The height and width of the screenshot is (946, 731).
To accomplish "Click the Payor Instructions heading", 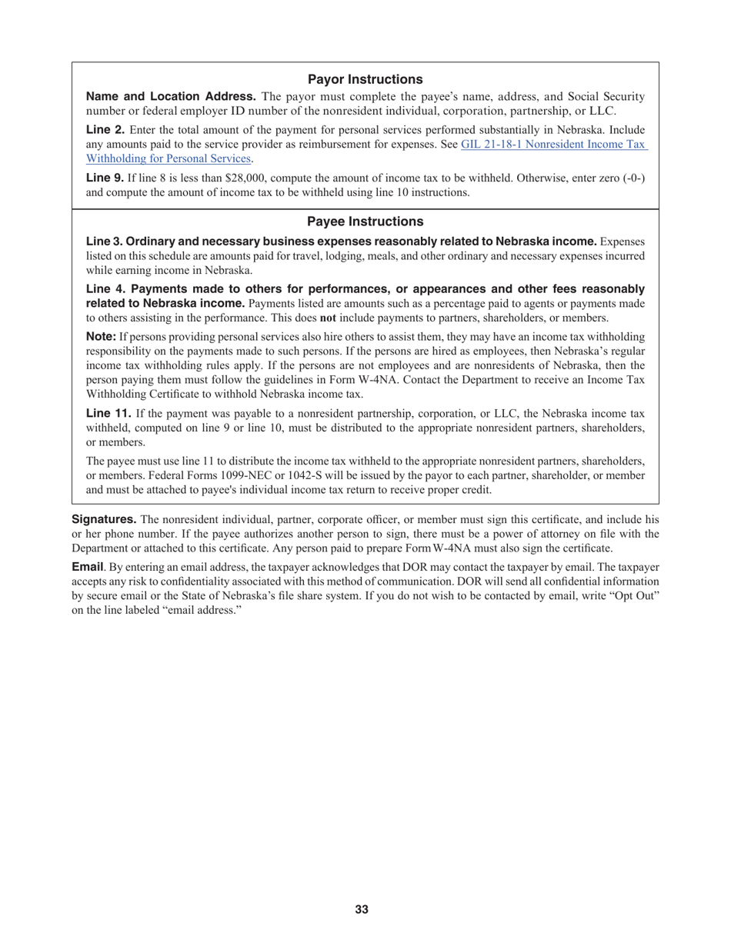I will (365, 79).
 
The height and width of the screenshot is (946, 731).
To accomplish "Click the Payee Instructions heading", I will (365, 222).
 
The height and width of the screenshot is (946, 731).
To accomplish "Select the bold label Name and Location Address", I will (171, 96).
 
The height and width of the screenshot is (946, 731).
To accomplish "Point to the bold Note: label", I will (101, 337).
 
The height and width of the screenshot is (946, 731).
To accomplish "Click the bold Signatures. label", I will (104, 519).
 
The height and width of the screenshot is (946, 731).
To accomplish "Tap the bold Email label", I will (87, 568).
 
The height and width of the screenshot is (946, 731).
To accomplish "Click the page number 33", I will (362, 910).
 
